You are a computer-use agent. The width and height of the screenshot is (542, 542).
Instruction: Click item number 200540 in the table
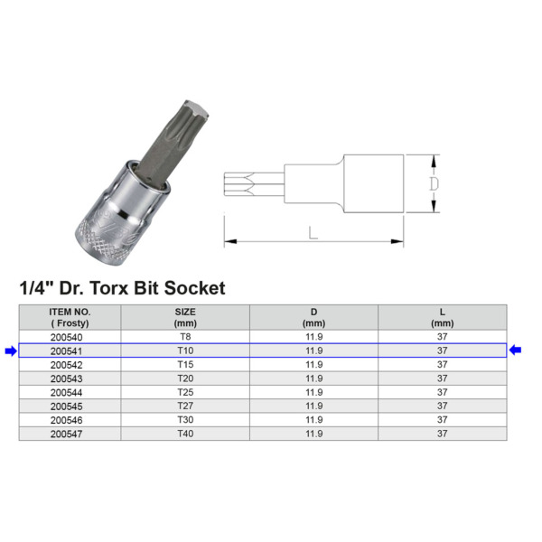point(70,336)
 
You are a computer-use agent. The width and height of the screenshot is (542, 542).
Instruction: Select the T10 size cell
point(185,350)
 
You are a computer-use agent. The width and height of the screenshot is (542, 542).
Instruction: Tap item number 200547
point(70,435)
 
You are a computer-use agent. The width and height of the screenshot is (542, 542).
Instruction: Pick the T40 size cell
point(185,435)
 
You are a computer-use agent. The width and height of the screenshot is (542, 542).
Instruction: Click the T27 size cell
point(185,406)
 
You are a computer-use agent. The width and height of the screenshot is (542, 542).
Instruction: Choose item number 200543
point(70,378)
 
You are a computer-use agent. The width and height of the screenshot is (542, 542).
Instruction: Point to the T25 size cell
point(185,392)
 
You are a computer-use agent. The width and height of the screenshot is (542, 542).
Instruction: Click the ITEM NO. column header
point(70,316)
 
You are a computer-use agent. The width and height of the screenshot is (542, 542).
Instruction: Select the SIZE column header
point(185,316)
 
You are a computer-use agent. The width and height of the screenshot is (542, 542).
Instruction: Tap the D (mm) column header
point(313,316)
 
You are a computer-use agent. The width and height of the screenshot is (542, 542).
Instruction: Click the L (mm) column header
point(443,316)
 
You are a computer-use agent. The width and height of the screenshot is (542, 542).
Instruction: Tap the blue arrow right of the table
point(516,350)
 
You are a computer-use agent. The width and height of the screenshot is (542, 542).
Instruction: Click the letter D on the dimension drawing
point(434,183)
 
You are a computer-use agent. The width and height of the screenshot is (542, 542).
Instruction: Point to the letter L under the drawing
point(313,232)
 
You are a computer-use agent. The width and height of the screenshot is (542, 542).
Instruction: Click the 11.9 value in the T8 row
point(313,336)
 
